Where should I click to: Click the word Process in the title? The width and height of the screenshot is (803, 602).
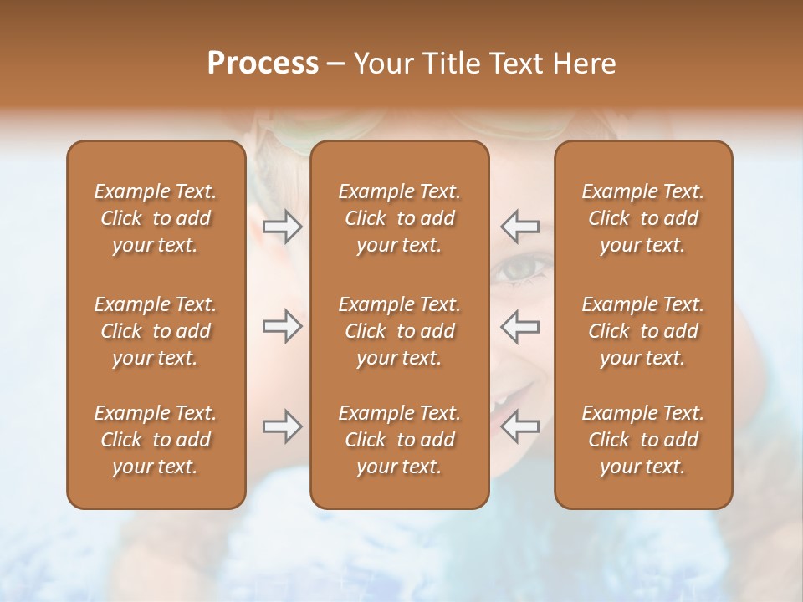263,64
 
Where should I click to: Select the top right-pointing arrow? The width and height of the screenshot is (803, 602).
282,227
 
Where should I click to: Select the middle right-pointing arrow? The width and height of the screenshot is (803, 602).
282,326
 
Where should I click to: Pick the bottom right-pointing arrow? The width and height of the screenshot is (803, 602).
282,426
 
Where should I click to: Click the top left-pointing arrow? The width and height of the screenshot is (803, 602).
519,227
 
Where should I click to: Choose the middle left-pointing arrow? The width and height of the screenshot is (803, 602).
519,326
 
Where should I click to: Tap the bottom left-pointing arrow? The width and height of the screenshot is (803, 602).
519,426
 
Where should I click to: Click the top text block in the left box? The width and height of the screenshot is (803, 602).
156,218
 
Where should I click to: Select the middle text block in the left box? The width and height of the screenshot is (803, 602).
156,331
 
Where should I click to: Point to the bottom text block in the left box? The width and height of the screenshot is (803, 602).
156,440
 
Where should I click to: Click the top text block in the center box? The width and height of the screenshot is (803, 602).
399,218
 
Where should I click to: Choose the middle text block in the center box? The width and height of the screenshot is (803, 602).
399,331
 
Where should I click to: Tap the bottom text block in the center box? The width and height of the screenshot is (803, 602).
399,440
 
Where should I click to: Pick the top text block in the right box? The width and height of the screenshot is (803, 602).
642,218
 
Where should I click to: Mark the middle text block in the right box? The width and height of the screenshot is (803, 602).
642,331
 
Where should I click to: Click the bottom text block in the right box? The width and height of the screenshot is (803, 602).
642,440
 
